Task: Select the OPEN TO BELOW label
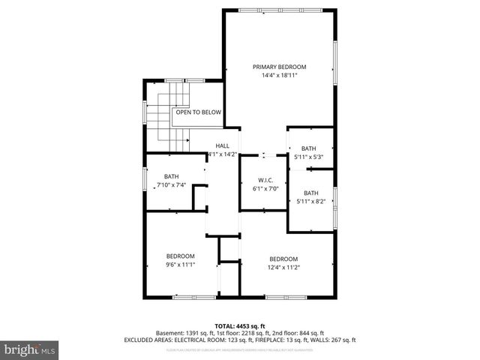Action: coord(199,112)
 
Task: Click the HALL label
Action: coord(223,145)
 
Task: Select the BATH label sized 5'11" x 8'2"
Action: coord(310,193)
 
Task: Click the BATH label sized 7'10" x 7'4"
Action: coord(172,177)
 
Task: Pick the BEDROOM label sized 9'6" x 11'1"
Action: coord(181,256)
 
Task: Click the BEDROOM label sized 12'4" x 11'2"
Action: coord(283,259)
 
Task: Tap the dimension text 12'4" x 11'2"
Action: coord(283,267)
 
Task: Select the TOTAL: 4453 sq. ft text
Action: coord(239,325)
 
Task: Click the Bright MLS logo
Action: coord(30,350)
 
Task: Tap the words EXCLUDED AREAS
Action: coord(147,340)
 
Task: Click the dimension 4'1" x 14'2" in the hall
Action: coord(222,154)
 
